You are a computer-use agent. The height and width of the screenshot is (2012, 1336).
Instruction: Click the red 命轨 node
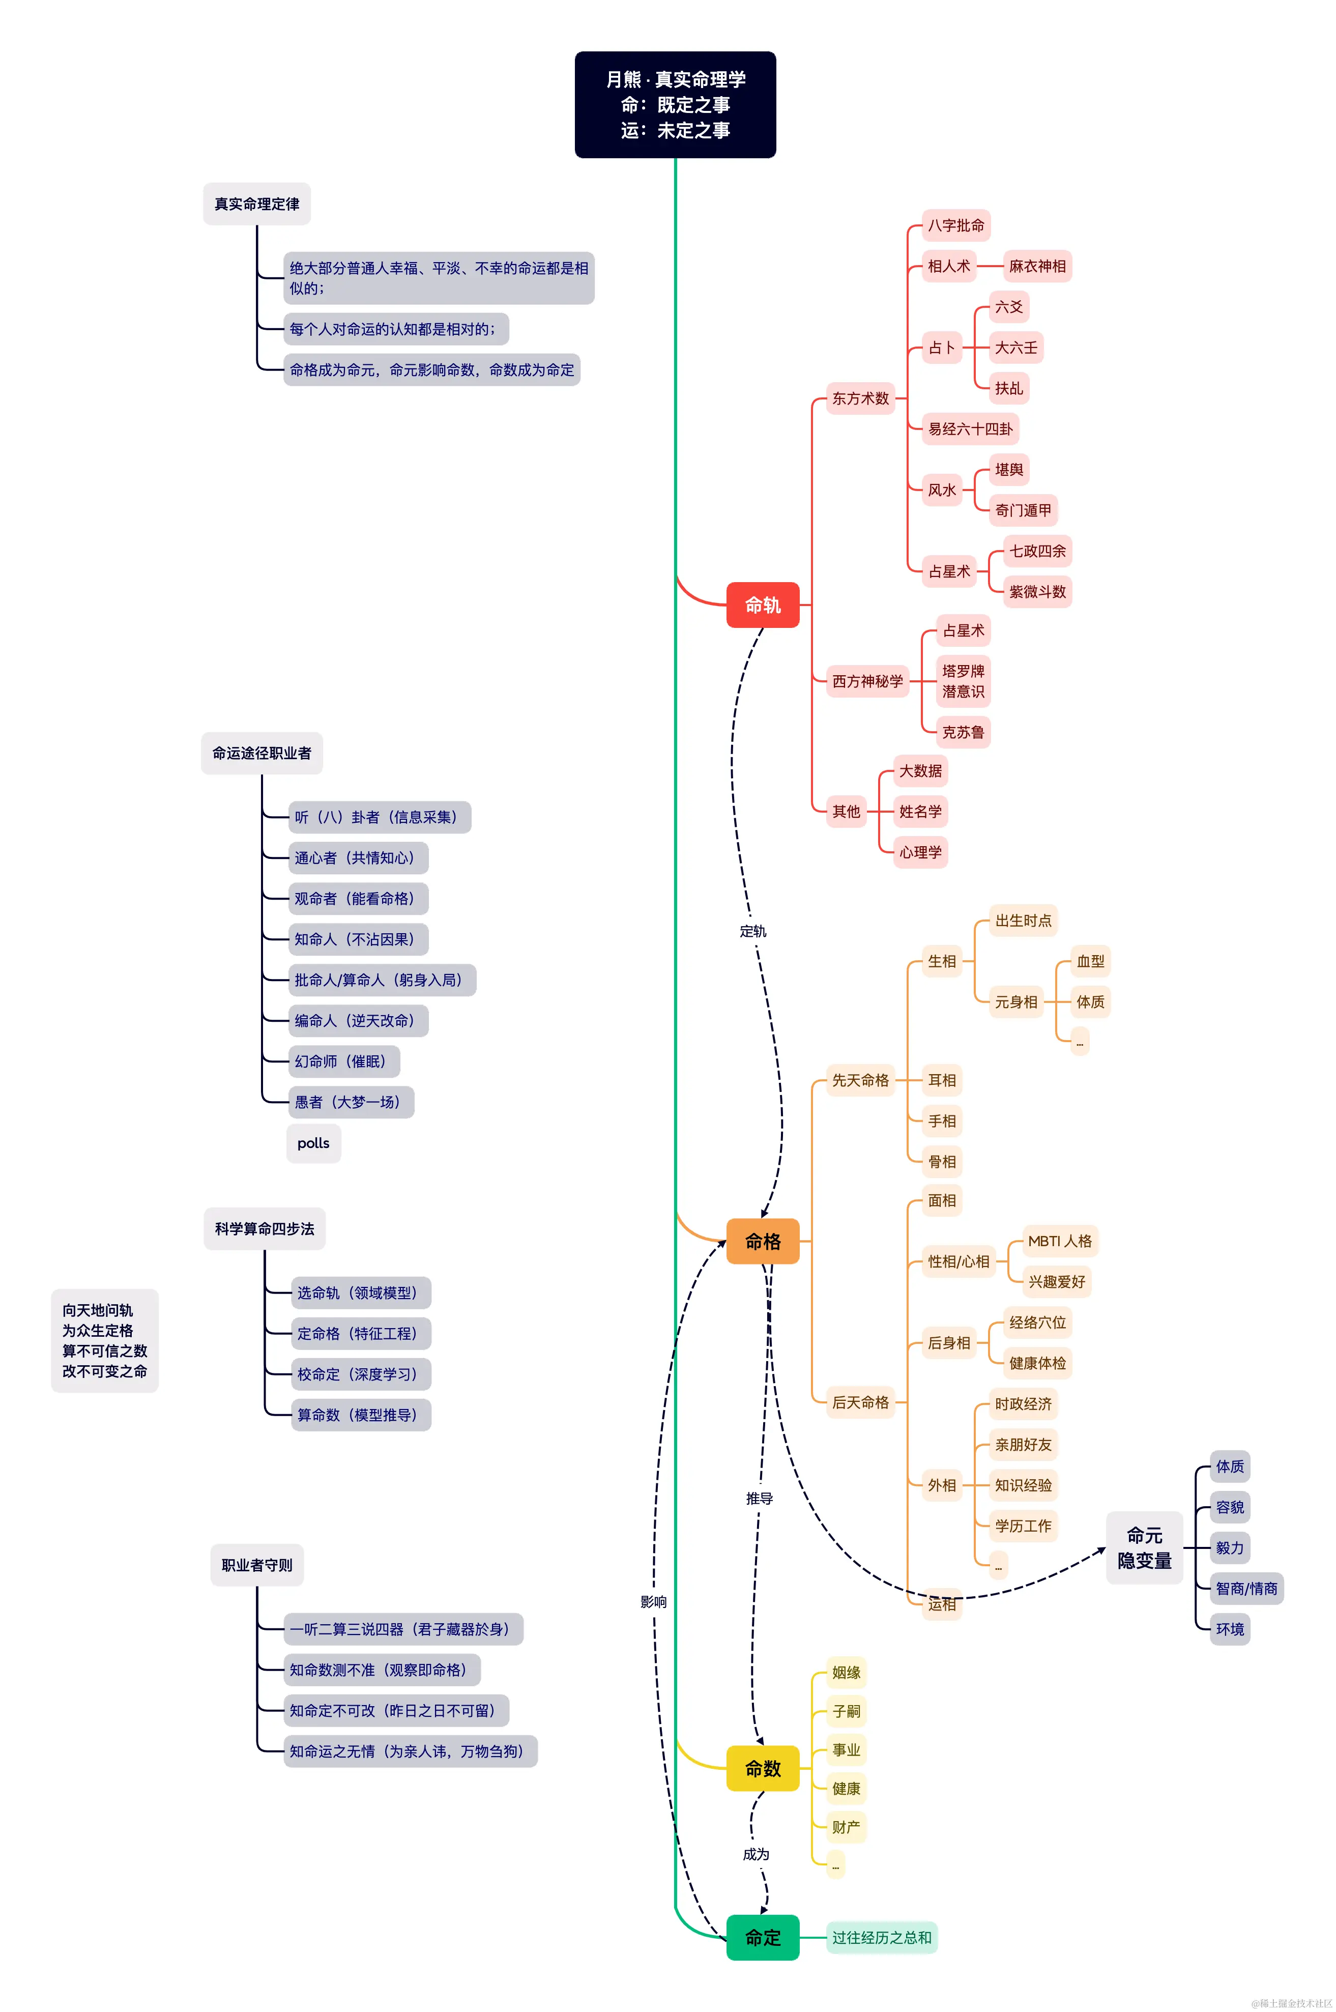point(763,605)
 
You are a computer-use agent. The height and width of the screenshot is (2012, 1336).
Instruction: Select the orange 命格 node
point(763,1242)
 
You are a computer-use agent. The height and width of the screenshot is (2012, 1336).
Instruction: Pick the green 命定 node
point(763,1938)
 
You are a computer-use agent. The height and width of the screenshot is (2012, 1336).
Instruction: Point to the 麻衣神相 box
point(1037,266)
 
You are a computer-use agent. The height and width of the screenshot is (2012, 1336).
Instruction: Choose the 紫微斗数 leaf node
point(1037,591)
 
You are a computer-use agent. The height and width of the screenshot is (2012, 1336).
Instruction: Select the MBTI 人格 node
point(1059,1241)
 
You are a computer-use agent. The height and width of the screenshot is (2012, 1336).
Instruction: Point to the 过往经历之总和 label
point(881,1938)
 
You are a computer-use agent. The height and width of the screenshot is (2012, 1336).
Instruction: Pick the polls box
point(313,1143)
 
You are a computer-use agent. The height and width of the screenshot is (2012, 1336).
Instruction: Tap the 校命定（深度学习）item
point(360,1374)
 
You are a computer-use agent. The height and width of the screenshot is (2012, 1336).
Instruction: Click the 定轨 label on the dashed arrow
point(752,931)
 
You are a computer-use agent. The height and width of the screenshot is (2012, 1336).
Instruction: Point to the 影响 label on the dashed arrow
point(654,1602)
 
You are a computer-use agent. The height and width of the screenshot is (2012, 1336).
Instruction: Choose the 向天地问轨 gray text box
point(105,1340)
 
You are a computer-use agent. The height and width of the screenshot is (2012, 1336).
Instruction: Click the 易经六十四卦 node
point(971,428)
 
